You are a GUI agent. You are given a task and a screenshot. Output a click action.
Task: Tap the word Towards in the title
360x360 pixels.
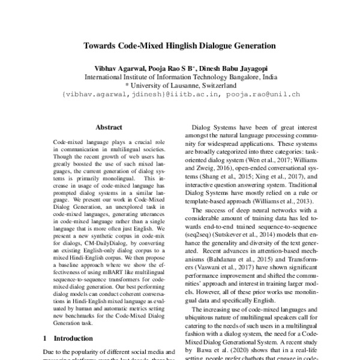pos(103,45)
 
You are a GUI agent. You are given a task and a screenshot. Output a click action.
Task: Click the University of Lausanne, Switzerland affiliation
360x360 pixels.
pos(180,85)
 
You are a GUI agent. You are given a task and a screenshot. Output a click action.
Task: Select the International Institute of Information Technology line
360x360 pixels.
pos(180,77)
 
